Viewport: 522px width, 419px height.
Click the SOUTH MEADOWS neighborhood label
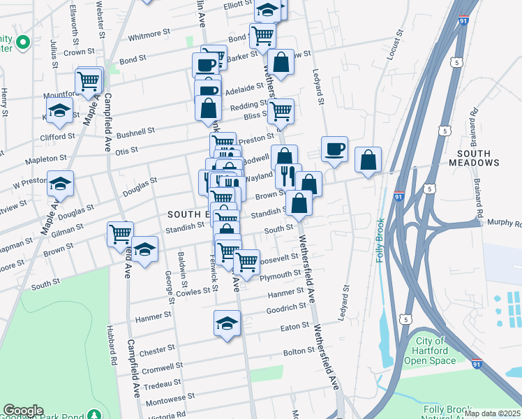(479, 157)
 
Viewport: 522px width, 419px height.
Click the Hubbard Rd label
(111, 345)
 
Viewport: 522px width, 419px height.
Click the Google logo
(23, 411)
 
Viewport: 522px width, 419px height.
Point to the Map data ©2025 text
(492, 413)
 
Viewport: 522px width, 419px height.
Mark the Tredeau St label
(163, 385)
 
